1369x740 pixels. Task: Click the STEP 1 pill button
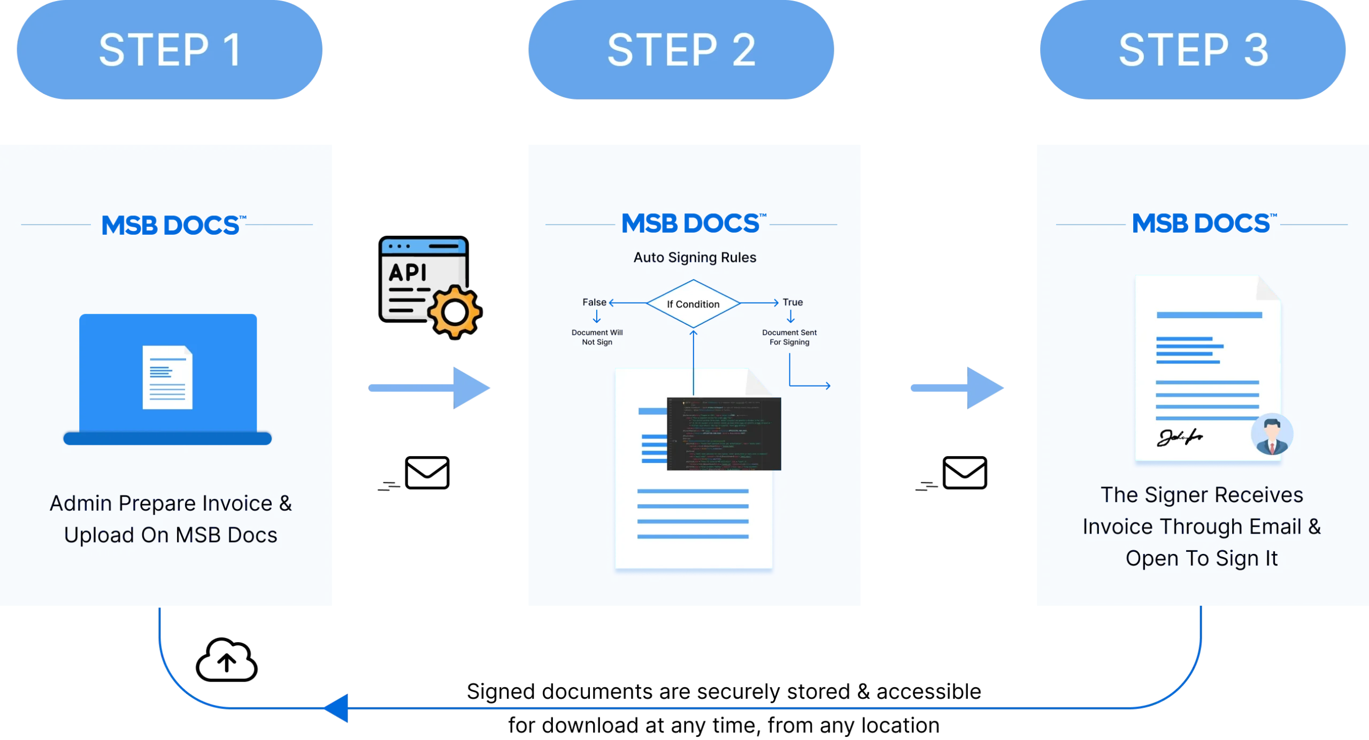(x=170, y=50)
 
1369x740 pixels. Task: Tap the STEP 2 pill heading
(x=681, y=50)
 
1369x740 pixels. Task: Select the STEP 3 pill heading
(x=1193, y=50)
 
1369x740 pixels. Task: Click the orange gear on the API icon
(x=454, y=311)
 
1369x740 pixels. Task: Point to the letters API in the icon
(x=407, y=272)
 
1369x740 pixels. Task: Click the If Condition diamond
(x=693, y=304)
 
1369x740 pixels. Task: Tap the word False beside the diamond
(x=594, y=302)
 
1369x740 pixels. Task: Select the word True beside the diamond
(x=793, y=302)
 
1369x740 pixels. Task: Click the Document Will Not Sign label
(x=597, y=337)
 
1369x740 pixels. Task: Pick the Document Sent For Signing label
(x=789, y=337)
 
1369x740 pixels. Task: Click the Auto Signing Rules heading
(x=695, y=258)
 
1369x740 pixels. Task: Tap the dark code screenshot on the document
(x=724, y=434)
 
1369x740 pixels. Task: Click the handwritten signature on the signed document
(x=1180, y=438)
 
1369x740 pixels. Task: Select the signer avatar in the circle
(x=1272, y=434)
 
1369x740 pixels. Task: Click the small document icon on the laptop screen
(x=167, y=377)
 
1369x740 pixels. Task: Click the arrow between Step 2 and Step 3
(x=956, y=388)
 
